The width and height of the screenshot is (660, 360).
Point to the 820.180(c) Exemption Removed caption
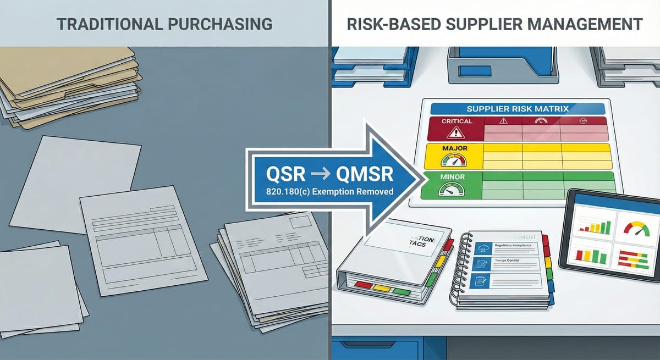pyautogui.click(x=321, y=193)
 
